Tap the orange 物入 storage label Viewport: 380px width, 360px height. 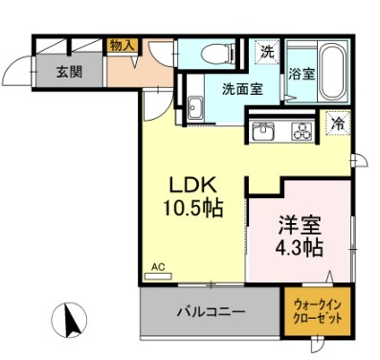click(123, 45)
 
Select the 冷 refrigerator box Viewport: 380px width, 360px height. click(337, 122)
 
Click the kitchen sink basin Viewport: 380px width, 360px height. click(263, 131)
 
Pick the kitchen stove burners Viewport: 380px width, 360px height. click(302, 131)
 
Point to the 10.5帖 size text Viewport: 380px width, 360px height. click(195, 208)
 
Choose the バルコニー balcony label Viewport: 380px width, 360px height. click(212, 312)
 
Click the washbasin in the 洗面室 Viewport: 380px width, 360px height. click(194, 106)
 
